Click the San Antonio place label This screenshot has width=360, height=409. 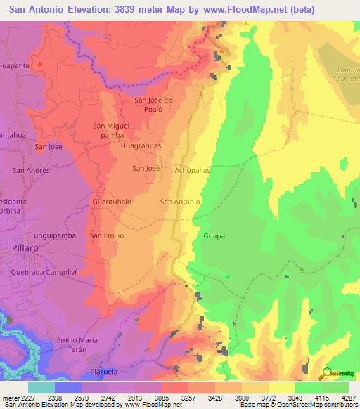tap(181, 202)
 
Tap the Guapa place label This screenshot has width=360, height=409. tap(214, 236)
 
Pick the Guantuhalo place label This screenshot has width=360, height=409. tap(112, 202)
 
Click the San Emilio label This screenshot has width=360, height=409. tap(106, 235)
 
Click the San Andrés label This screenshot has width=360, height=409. tap(31, 170)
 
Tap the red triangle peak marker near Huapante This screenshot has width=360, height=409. tap(40, 64)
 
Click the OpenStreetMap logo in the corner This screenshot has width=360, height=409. tap(337, 372)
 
